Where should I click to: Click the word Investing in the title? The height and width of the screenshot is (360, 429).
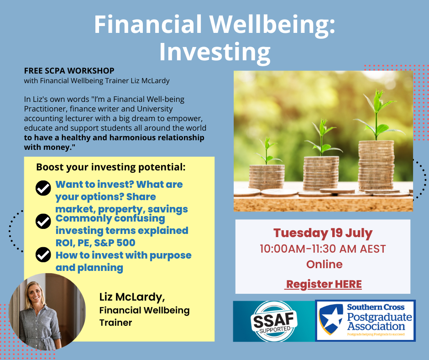click(x=215, y=52)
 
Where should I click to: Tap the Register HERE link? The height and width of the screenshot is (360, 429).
click(x=324, y=284)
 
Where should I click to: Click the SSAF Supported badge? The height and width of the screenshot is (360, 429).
click(x=273, y=321)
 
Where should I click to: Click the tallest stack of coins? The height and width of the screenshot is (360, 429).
click(x=376, y=166)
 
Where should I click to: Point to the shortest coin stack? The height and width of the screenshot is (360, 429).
click(x=267, y=177)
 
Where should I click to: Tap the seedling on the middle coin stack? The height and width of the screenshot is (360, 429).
click(x=322, y=138)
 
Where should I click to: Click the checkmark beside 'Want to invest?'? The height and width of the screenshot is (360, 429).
click(x=43, y=188)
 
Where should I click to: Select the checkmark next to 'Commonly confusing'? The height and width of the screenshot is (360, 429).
click(x=43, y=222)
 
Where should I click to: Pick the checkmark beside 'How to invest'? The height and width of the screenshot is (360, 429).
click(x=43, y=254)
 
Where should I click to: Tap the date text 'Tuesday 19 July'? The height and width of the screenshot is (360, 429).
click(x=323, y=233)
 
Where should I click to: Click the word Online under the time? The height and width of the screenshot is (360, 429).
click(x=324, y=265)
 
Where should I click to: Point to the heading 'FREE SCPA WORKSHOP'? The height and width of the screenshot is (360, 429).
click(x=69, y=71)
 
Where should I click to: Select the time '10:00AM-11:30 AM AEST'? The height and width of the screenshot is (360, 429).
click(x=323, y=249)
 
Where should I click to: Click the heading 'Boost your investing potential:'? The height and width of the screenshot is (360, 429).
click(x=111, y=167)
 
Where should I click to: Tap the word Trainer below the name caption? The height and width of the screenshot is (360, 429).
click(x=116, y=323)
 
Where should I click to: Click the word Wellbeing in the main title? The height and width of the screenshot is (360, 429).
click(x=273, y=25)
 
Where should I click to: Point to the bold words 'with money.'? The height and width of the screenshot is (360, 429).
click(x=50, y=148)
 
